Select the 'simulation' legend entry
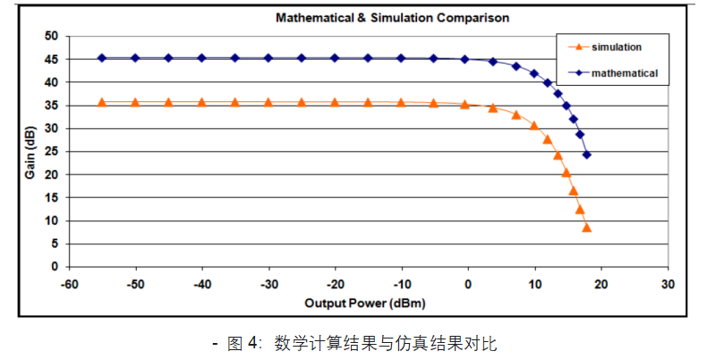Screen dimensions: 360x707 tap(616, 46)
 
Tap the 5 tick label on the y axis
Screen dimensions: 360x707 tap(54, 244)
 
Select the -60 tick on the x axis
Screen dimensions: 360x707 tap(68, 284)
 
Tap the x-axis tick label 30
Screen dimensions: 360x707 tap(667, 284)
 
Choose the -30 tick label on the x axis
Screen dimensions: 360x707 tap(268, 284)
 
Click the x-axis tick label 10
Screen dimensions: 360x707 tap(534, 284)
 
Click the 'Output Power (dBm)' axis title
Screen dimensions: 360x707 tap(364, 303)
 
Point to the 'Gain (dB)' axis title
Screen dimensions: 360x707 tap(30, 151)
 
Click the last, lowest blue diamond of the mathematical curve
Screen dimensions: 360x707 tap(587, 154)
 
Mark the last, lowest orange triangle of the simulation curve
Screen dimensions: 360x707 tap(587, 227)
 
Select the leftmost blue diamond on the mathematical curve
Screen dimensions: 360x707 tap(102, 58)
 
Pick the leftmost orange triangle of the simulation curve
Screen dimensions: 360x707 tap(102, 102)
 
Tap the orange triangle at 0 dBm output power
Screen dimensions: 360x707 tap(465, 104)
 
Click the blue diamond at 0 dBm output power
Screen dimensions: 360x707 tap(465, 59)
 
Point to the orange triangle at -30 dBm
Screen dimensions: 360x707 tap(268, 102)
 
